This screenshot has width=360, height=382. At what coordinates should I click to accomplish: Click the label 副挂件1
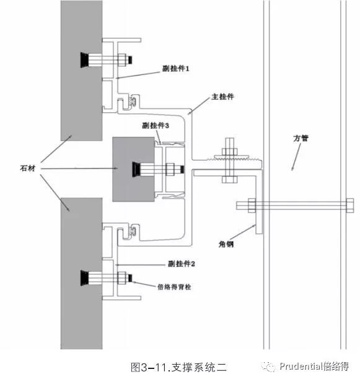click(175, 68)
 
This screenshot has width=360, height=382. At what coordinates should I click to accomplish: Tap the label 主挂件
click(222, 97)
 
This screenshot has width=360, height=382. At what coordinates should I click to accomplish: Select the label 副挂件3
click(156, 125)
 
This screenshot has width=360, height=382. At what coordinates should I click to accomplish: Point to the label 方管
click(301, 138)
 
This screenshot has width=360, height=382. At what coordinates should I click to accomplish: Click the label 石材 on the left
click(27, 168)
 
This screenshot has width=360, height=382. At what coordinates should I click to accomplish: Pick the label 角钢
click(226, 244)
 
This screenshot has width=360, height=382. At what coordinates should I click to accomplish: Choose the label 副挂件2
click(182, 264)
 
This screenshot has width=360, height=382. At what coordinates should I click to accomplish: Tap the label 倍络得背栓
click(174, 286)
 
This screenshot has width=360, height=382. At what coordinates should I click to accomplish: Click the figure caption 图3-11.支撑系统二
click(178, 367)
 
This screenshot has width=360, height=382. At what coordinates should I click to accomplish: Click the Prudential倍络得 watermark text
click(314, 366)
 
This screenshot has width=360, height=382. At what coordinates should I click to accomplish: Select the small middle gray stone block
click(133, 169)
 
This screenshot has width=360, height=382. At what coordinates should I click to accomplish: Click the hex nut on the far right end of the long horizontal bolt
click(350, 206)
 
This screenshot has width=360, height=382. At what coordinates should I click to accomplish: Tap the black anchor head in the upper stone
click(84, 60)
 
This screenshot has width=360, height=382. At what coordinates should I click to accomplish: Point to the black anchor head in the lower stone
click(84, 278)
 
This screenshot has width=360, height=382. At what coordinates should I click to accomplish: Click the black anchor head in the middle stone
click(136, 169)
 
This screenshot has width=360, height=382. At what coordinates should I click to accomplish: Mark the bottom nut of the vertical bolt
click(229, 180)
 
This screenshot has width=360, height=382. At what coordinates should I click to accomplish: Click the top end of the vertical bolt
click(229, 138)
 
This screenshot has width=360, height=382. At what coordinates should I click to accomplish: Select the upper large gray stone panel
click(82, 71)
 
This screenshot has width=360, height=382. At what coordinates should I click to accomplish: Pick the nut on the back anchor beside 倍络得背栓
click(121, 278)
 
